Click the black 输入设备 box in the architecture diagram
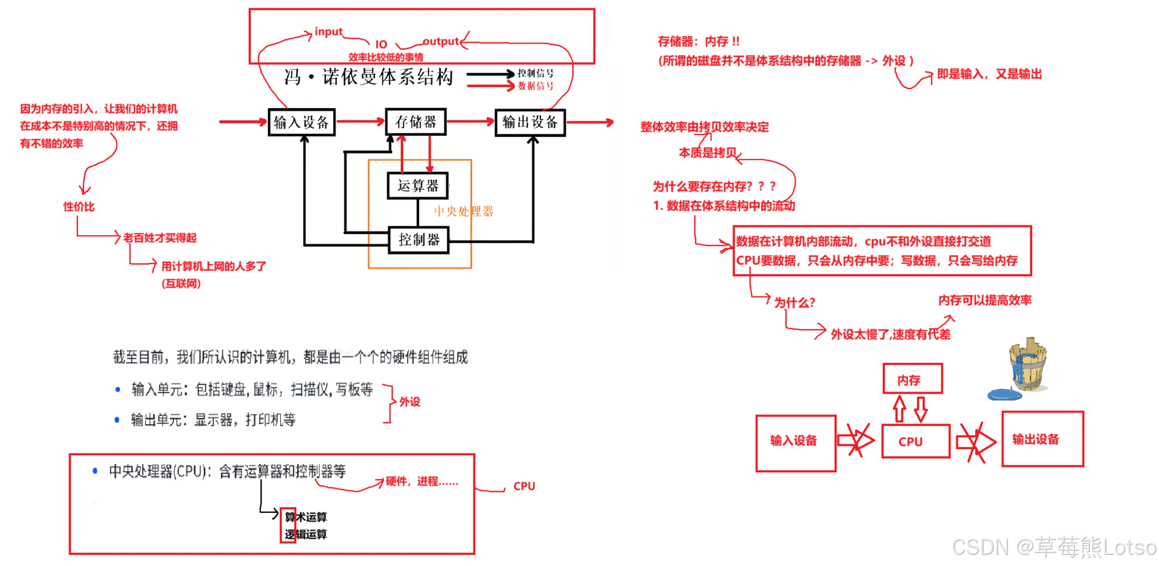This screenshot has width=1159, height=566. [302, 122]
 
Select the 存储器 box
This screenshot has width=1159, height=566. [416, 122]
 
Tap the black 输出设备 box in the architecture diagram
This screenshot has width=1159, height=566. [530, 122]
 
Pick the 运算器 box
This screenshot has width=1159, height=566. [418, 186]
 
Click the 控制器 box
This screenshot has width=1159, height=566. [419, 240]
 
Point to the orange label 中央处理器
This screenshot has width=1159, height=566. [463, 211]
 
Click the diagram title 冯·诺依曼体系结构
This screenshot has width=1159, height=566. [369, 77]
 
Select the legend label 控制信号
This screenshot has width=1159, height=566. [535, 73]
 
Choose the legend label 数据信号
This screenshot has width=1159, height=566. [535, 86]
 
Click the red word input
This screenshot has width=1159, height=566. [328, 32]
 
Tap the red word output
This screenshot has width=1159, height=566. [441, 42]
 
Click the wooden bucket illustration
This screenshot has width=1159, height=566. [1028, 364]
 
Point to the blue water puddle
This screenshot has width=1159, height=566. [1005, 394]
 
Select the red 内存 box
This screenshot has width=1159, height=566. [913, 379]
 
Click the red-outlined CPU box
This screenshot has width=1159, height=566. [915, 441]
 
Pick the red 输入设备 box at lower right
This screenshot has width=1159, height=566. [795, 442]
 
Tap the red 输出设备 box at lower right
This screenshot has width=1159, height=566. [1042, 439]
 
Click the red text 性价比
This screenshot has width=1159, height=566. [79, 207]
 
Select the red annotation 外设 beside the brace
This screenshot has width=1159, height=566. [410, 402]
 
